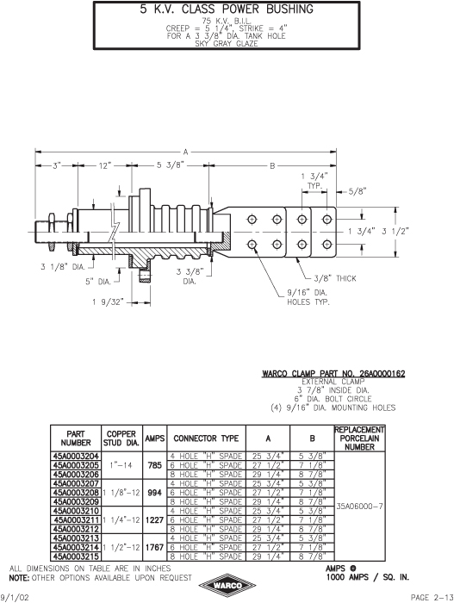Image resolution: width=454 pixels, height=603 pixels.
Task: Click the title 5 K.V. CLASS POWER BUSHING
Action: pyautogui.click(x=227, y=9)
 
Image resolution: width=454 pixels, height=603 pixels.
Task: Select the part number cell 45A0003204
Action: pyautogui.click(x=76, y=456)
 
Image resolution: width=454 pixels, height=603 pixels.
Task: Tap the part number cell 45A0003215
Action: pyautogui.click(x=76, y=556)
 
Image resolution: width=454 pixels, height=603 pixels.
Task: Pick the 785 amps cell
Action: pyautogui.click(x=155, y=465)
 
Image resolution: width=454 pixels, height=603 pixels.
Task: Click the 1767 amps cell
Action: pyautogui.click(x=155, y=547)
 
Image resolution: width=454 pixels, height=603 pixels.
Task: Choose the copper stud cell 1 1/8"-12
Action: pyautogui.click(x=121, y=493)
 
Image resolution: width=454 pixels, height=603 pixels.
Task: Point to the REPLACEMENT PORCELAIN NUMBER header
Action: pyautogui.click(x=359, y=438)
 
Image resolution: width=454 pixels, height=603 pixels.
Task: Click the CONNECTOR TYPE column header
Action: pyautogui.click(x=206, y=438)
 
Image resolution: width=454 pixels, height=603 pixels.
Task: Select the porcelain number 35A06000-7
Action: pyautogui.click(x=360, y=507)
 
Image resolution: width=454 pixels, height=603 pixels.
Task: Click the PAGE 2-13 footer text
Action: pyautogui.click(x=432, y=598)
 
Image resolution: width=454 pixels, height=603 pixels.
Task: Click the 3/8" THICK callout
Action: pyautogui.click(x=335, y=278)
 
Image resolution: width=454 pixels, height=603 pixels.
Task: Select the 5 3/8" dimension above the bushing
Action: pyautogui.click(x=171, y=165)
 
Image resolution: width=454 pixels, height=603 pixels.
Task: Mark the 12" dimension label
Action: pyautogui.click(x=104, y=165)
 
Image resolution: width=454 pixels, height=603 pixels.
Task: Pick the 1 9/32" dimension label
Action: pyautogui.click(x=108, y=302)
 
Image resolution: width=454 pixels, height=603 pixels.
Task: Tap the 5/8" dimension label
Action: pyautogui.click(x=358, y=191)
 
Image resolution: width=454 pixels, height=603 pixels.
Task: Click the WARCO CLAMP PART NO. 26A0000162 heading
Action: pyautogui.click(x=333, y=373)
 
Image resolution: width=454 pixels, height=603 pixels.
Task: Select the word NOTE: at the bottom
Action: pyautogui.click(x=20, y=578)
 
